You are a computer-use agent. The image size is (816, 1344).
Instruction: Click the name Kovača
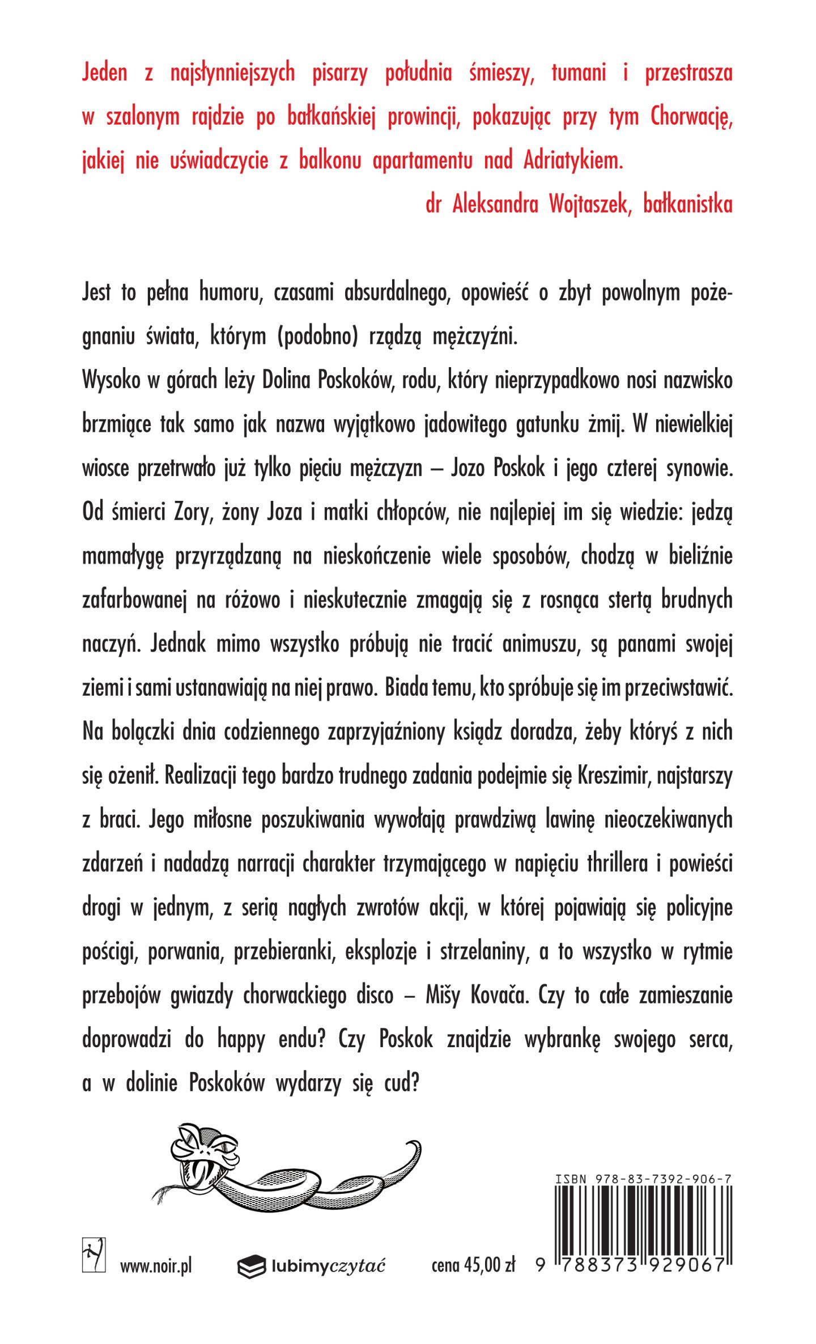pos(490,995)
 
